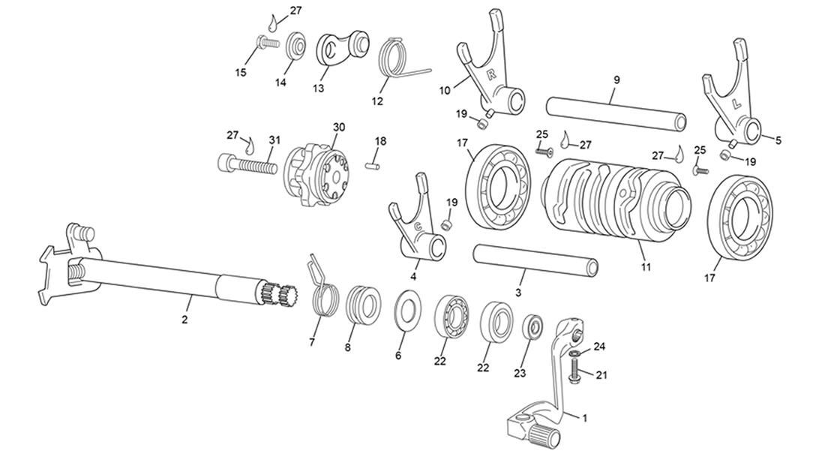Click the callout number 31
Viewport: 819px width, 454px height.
pos(274,140)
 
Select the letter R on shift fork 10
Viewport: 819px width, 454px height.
pos(492,74)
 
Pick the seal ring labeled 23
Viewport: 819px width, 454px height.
pos(533,328)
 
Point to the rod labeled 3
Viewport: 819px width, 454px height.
pos(535,259)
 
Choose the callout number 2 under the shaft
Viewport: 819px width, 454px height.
pos(184,319)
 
